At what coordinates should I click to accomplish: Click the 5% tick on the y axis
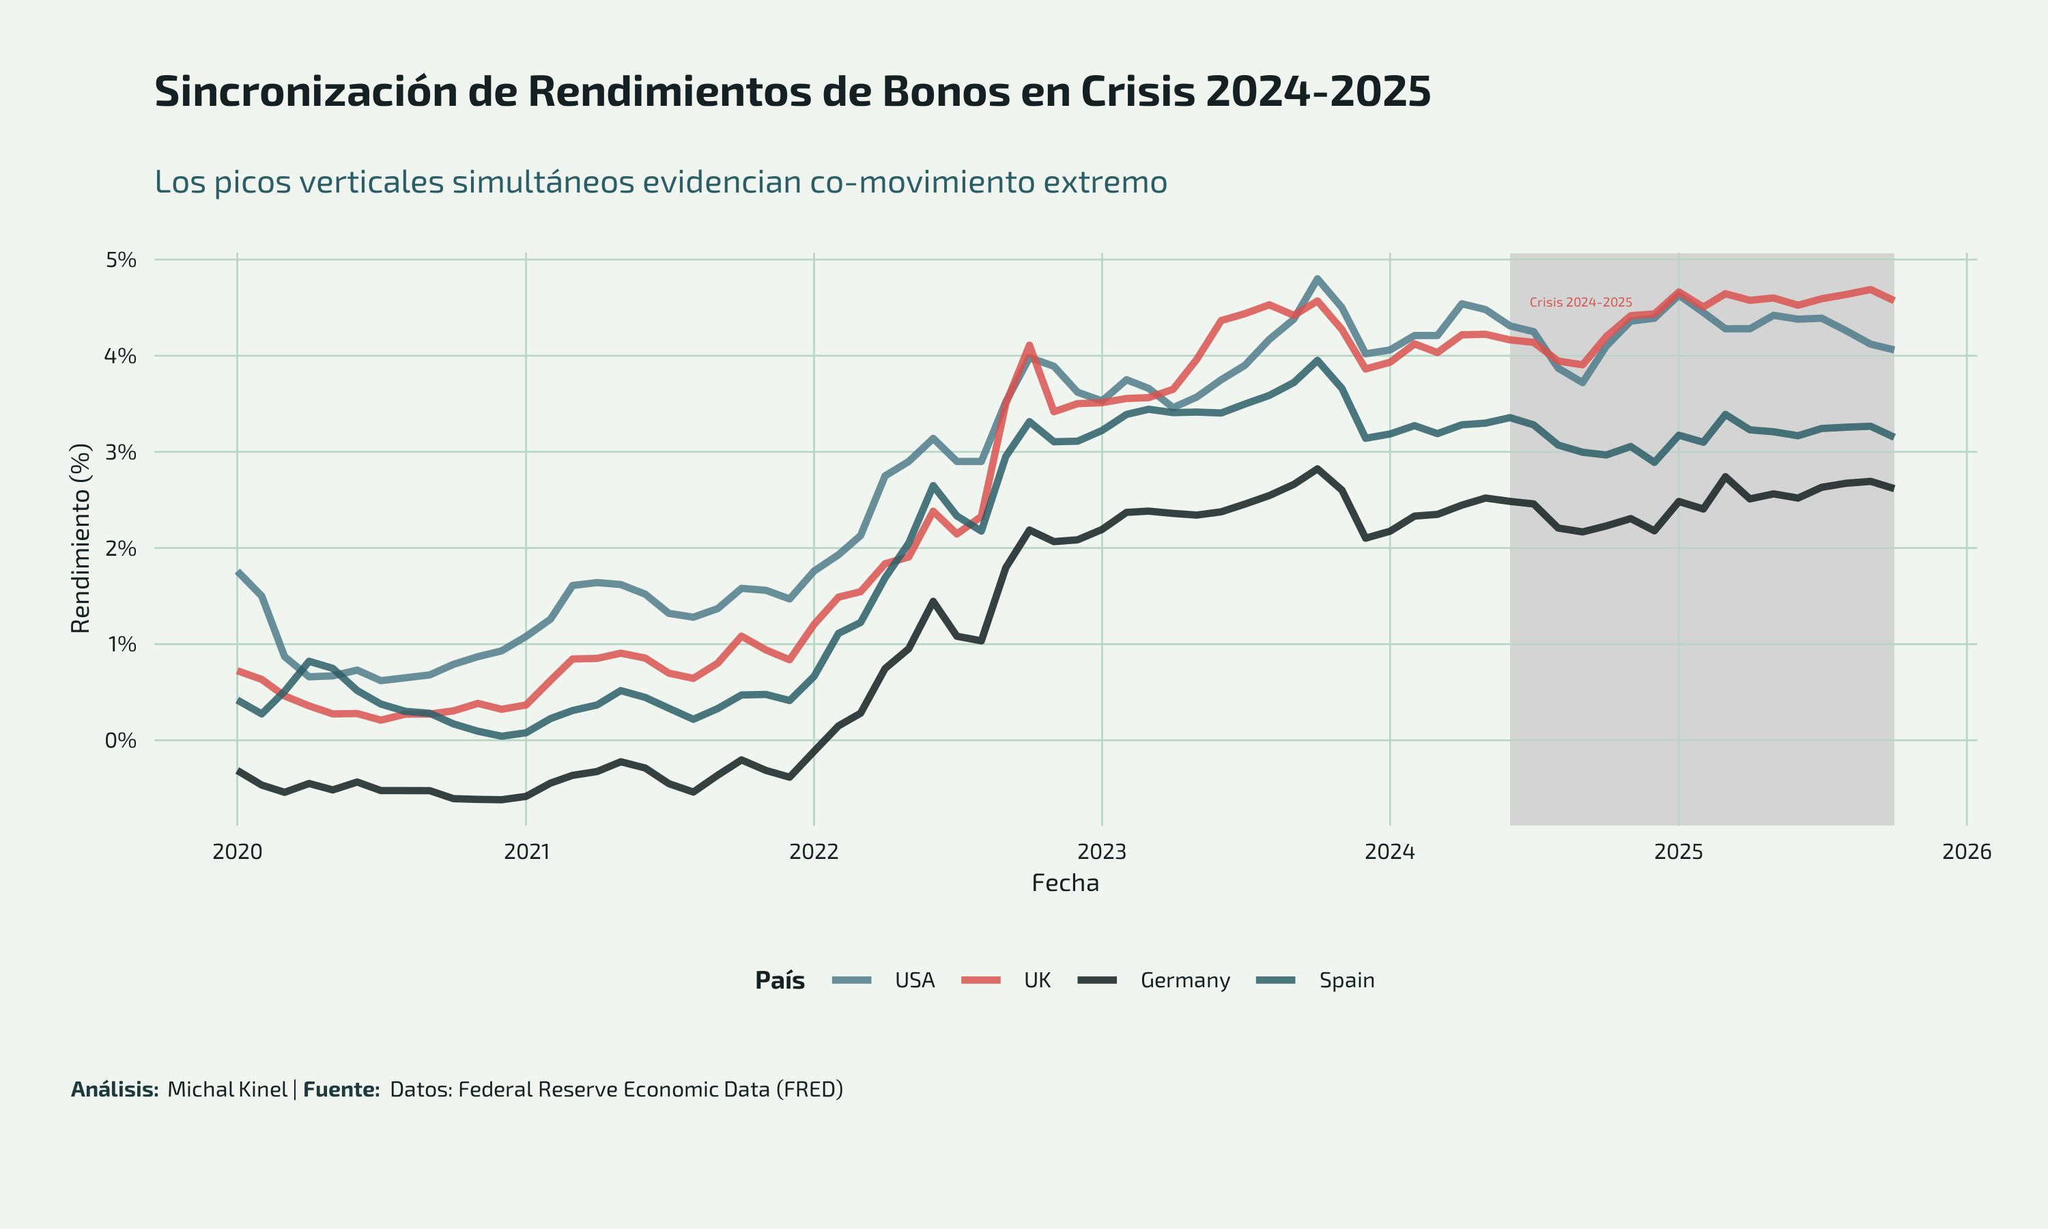pyautogui.click(x=121, y=260)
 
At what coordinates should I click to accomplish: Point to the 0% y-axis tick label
pyautogui.click(x=121, y=740)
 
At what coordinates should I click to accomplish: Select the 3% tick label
pyautogui.click(x=121, y=452)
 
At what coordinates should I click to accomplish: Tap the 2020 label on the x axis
pyautogui.click(x=238, y=851)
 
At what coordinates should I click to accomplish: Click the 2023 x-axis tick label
pyautogui.click(x=1102, y=851)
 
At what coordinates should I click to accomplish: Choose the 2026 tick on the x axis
pyautogui.click(x=1967, y=851)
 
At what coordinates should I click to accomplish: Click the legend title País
pyautogui.click(x=780, y=980)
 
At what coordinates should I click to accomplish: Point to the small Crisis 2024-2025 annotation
pyautogui.click(x=1580, y=302)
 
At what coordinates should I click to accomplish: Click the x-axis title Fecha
pyautogui.click(x=1064, y=884)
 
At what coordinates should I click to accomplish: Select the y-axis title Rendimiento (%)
pyautogui.click(x=81, y=538)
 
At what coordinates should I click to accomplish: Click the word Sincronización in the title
pyautogui.click(x=307, y=92)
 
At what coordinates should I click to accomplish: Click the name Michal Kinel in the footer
pyautogui.click(x=227, y=1090)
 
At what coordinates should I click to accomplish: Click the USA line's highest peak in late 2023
pyautogui.click(x=1317, y=279)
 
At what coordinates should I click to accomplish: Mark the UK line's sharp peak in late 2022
pyautogui.click(x=1029, y=345)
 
